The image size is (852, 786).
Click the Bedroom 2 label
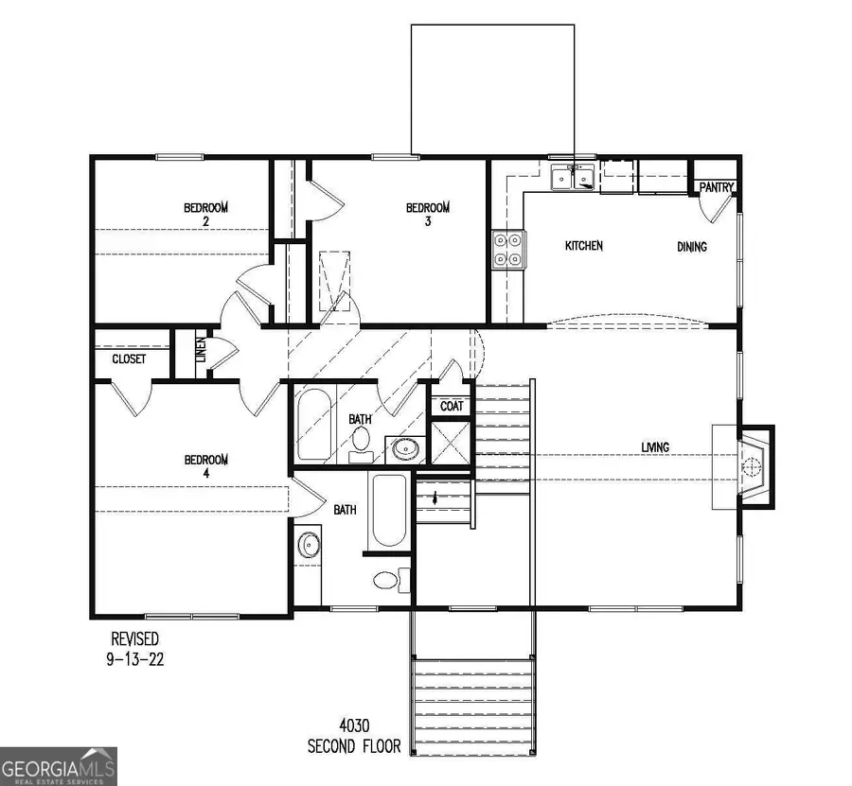click(205, 215)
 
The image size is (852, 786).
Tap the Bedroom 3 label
click(428, 215)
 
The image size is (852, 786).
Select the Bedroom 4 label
click(205, 467)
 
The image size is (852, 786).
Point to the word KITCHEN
click(583, 246)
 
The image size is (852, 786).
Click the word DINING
click(691, 247)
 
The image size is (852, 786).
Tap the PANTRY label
click(717, 187)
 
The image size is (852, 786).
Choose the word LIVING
click(655, 447)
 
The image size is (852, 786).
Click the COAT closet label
click(451, 407)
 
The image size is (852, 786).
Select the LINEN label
click(200, 352)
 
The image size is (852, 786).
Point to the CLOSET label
click(129, 359)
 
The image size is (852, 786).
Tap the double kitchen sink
click(573, 177)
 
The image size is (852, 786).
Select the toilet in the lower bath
click(388, 578)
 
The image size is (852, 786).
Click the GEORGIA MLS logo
click(59, 765)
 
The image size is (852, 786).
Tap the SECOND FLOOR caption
click(353, 746)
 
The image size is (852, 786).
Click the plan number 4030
click(353, 728)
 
